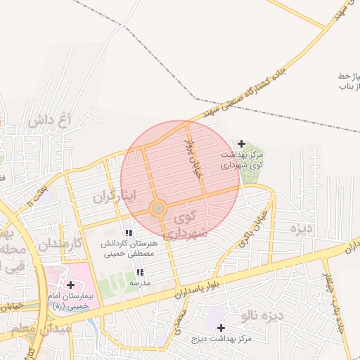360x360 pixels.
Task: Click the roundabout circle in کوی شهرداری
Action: [x=158, y=208]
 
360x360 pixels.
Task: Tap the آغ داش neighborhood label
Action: [x=51, y=120]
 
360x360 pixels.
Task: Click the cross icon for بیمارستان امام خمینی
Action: [x=70, y=285]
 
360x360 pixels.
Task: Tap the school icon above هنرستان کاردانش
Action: [x=129, y=233]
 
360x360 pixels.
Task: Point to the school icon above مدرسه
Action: [x=139, y=271]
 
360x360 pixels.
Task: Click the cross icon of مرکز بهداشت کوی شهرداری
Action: [x=242, y=143]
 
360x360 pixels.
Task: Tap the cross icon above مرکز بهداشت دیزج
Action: [x=221, y=328]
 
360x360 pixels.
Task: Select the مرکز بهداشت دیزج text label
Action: [x=220, y=340]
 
